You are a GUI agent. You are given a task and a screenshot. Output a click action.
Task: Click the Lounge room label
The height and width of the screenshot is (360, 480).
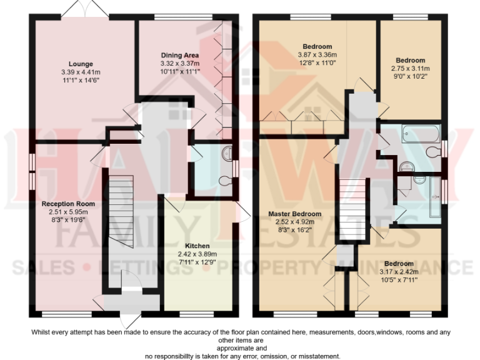pyautogui.click(x=81, y=64)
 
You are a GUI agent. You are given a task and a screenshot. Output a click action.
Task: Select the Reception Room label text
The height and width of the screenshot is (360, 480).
pyautogui.click(x=68, y=204)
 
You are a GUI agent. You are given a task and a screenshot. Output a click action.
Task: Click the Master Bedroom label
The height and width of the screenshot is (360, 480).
pyautogui.click(x=295, y=214)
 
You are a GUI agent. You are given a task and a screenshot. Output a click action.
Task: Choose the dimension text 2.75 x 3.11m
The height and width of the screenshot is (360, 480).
pyautogui.click(x=409, y=69)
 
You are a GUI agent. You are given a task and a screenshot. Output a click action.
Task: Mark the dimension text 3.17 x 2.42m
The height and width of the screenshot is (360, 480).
pyautogui.click(x=398, y=272)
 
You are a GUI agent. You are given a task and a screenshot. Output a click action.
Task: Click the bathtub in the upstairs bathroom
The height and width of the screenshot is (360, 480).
pyautogui.click(x=421, y=133)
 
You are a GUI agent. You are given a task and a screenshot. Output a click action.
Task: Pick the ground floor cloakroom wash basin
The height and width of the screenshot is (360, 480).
pyautogui.click(x=226, y=151)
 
